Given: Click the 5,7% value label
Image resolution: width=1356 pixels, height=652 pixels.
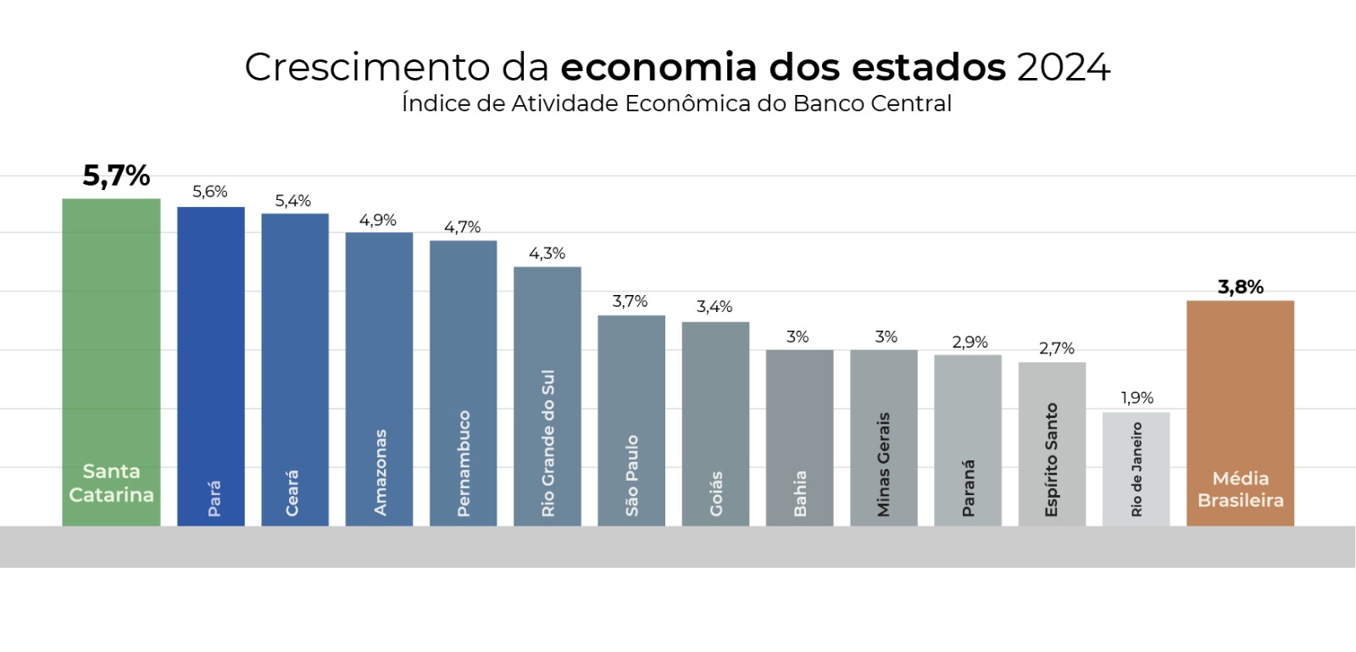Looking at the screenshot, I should pyautogui.click(x=116, y=176).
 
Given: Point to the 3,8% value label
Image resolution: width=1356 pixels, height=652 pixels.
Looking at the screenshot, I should pyautogui.click(x=1240, y=287).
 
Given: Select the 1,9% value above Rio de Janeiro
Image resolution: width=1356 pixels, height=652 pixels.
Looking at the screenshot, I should pyautogui.click(x=1136, y=398).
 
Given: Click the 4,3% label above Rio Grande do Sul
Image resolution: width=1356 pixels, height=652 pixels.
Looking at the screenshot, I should pyautogui.click(x=547, y=254).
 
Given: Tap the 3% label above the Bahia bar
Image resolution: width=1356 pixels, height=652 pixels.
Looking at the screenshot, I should pyautogui.click(x=797, y=337).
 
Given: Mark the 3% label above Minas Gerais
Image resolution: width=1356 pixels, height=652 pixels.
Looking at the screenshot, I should pyautogui.click(x=886, y=337).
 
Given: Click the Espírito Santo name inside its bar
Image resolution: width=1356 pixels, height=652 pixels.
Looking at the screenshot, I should pyautogui.click(x=1052, y=460).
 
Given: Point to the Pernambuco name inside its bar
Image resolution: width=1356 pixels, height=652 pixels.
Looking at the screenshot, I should pyautogui.click(x=464, y=463).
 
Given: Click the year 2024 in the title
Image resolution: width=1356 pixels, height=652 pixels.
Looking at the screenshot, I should pyautogui.click(x=1064, y=68).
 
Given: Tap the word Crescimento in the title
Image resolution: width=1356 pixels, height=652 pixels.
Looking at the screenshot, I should pyautogui.click(x=367, y=68).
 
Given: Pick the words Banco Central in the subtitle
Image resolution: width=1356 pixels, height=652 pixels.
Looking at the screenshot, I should pyautogui.click(x=872, y=103).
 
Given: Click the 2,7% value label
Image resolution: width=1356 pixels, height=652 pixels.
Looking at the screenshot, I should pyautogui.click(x=1056, y=348).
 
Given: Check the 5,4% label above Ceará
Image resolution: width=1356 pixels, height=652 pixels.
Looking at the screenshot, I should pyautogui.click(x=292, y=201).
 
